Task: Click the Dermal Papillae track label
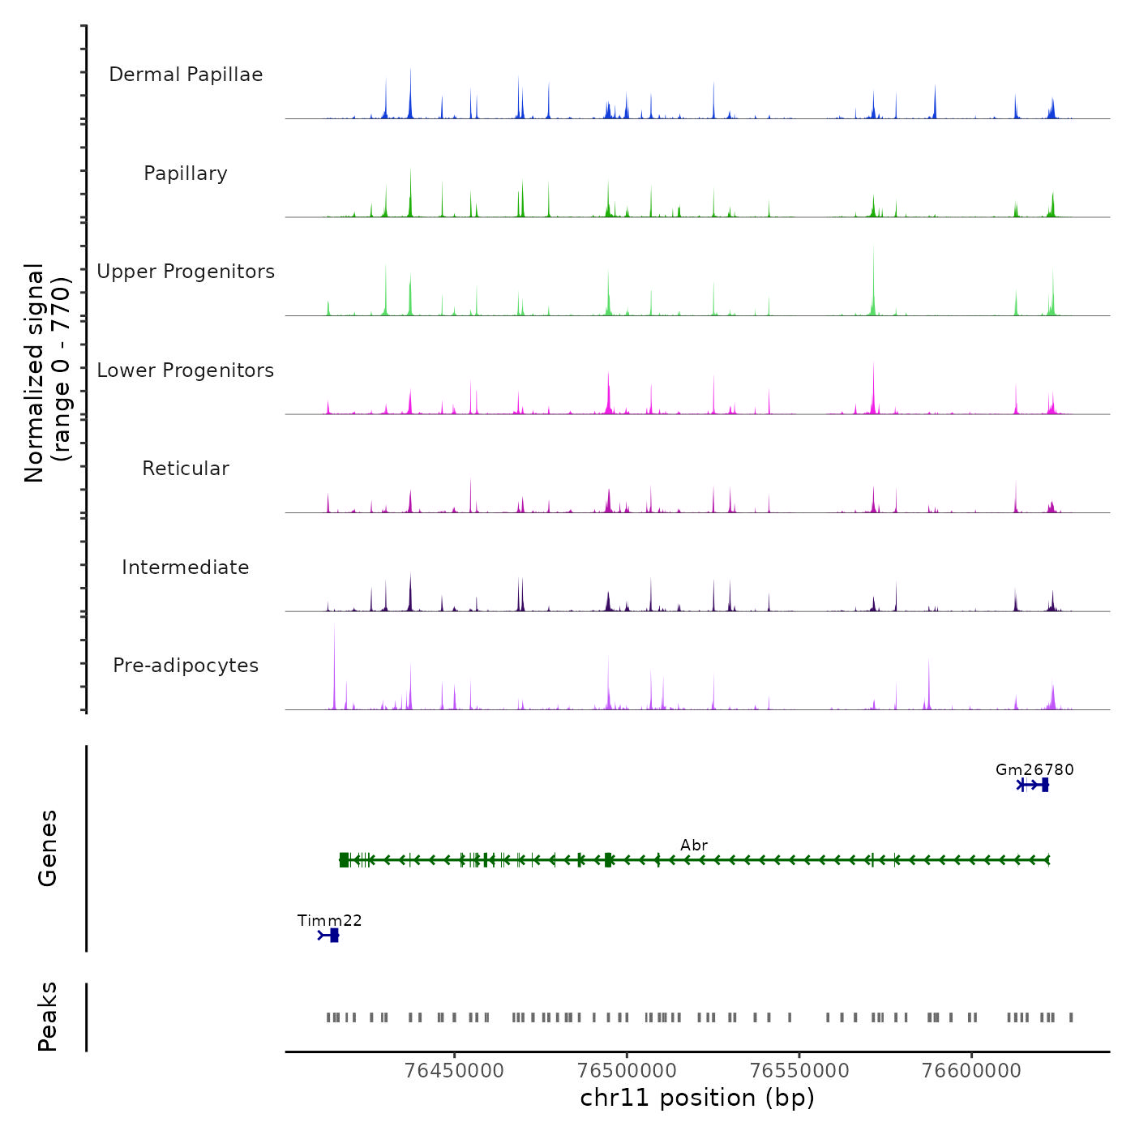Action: (186, 75)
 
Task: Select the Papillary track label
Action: (186, 173)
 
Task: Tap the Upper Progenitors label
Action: (186, 272)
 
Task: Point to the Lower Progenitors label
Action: (186, 370)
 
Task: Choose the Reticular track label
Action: (186, 469)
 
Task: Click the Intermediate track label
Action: (186, 567)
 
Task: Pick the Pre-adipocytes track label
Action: (186, 666)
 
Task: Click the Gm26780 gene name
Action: (1034, 769)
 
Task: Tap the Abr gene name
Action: (694, 845)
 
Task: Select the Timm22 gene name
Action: (329, 920)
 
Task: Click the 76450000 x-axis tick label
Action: (454, 1070)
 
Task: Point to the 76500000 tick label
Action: (627, 1070)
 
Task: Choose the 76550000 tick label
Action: (799, 1070)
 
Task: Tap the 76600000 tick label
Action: (971, 1070)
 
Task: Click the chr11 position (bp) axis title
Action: (697, 1098)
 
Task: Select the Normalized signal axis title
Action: (47, 373)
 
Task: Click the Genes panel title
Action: (47, 848)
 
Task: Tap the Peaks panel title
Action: (47, 1017)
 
